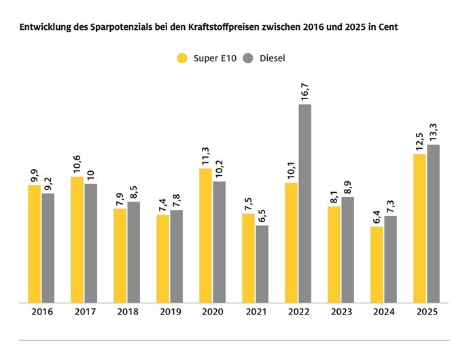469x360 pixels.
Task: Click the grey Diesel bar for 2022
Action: tap(305, 203)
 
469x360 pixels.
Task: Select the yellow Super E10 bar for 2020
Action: tap(205, 235)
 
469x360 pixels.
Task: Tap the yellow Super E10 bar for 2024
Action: tap(377, 264)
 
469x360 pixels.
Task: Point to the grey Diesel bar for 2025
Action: tap(434, 223)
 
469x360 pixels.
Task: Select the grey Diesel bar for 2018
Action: tap(134, 252)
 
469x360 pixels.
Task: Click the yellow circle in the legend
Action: tap(181, 58)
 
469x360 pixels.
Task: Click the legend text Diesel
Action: tap(272, 58)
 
